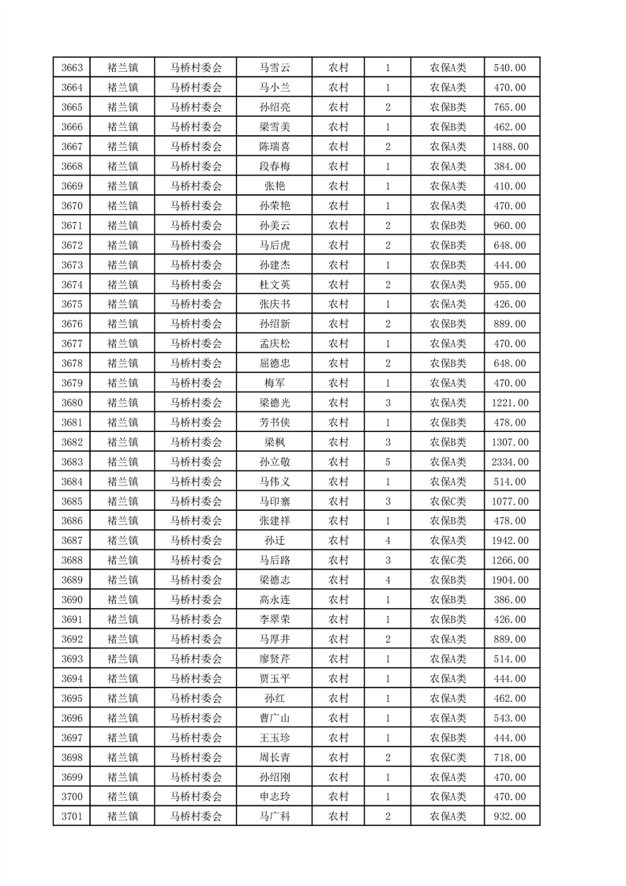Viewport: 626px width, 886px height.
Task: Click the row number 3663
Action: (x=73, y=68)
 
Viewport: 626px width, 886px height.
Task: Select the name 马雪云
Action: (x=275, y=68)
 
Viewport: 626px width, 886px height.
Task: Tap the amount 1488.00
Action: (x=509, y=147)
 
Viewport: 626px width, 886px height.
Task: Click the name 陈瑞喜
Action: (x=275, y=147)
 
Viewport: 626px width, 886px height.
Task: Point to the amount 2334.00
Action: (x=509, y=462)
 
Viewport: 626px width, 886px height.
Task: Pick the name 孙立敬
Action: (x=275, y=462)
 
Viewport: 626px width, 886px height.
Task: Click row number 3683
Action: (x=73, y=462)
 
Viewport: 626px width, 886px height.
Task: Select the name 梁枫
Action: (x=275, y=442)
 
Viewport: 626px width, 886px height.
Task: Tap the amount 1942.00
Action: (x=509, y=541)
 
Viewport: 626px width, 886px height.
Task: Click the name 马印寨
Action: (x=275, y=501)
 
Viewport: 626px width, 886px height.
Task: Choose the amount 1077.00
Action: (x=509, y=501)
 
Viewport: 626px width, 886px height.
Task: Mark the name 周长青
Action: (x=275, y=757)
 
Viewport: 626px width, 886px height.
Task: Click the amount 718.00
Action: (x=509, y=757)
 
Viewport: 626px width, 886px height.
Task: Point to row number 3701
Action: (x=73, y=817)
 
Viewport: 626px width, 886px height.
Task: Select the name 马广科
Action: (x=275, y=817)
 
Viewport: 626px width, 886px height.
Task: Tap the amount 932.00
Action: (x=509, y=817)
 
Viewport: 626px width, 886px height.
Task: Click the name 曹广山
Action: (x=275, y=718)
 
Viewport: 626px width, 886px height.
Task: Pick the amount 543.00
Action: (x=509, y=718)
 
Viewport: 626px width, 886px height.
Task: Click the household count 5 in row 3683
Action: (x=388, y=462)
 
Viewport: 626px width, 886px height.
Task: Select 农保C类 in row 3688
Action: (x=448, y=561)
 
